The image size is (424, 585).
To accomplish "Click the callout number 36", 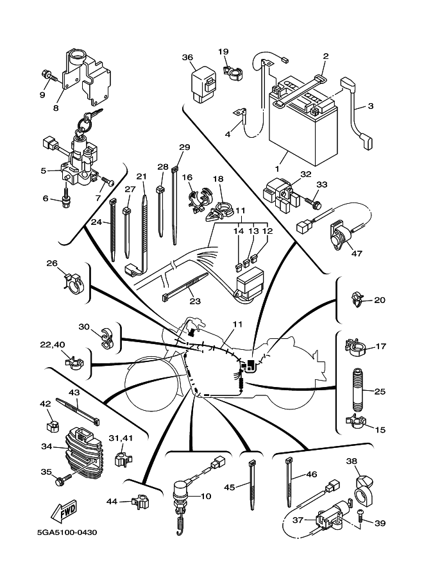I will (187, 57).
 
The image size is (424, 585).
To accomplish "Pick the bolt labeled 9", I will (49, 76).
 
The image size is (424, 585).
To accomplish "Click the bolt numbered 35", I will (64, 479).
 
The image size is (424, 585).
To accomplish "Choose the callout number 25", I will (380, 391).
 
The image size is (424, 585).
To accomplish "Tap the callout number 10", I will (205, 496).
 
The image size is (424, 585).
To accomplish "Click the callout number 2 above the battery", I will (325, 56).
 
